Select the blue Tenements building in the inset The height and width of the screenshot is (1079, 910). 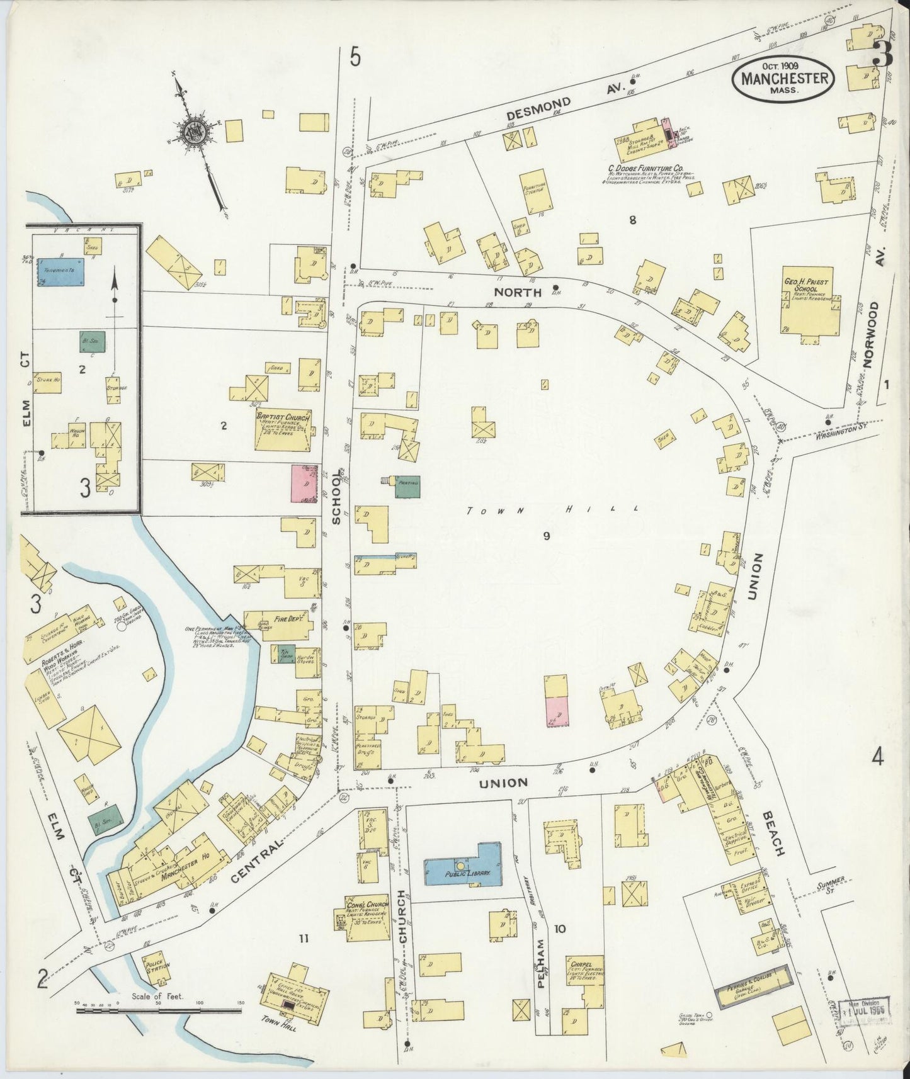tap(60, 272)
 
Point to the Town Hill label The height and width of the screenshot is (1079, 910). tap(553, 510)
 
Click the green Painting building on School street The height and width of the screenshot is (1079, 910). tap(407, 487)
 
